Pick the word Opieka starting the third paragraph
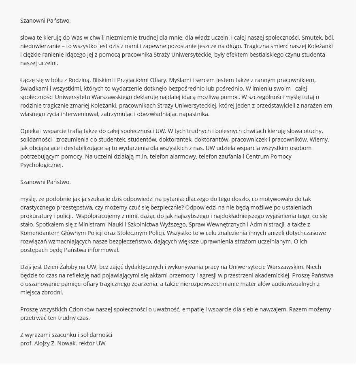click(x=30, y=131)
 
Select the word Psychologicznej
click(x=41, y=165)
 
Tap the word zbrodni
click(x=51, y=293)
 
